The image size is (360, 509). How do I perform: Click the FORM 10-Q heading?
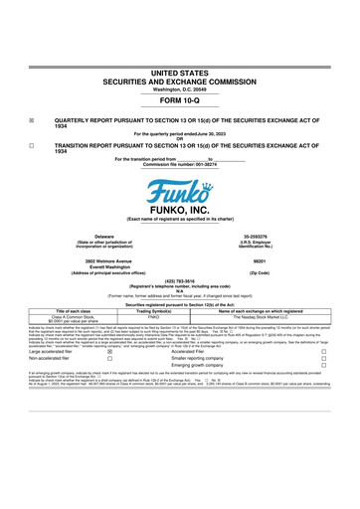180,100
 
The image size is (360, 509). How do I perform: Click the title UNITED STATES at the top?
180,74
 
